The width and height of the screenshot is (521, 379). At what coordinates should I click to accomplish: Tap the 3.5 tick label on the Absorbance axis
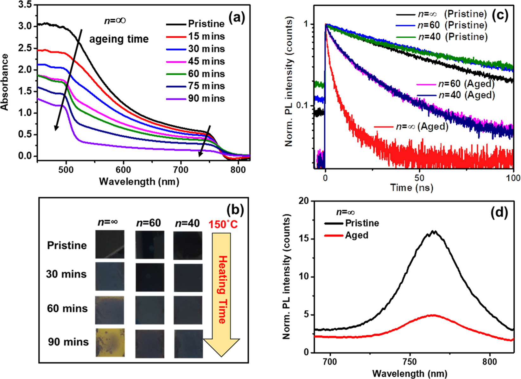coord(25,5)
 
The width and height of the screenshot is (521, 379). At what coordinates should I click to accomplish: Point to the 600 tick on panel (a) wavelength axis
coord(123,170)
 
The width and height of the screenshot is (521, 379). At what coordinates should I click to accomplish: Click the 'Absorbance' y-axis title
coord(5,82)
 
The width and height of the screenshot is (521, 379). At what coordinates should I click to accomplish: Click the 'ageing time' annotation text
coord(119,39)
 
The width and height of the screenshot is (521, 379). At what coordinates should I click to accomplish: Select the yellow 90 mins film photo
coord(110,343)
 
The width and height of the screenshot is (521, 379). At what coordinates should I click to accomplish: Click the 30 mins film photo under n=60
coord(150,277)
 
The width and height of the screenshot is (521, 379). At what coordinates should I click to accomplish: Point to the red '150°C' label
coord(223,224)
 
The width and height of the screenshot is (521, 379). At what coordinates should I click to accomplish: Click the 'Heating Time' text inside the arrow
coord(223,289)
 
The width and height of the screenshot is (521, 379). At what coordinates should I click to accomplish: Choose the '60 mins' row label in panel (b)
coord(67,308)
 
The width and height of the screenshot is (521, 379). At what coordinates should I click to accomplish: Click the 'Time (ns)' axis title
coord(411,188)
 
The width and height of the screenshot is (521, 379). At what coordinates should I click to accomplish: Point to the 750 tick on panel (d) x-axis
coord(410,362)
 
